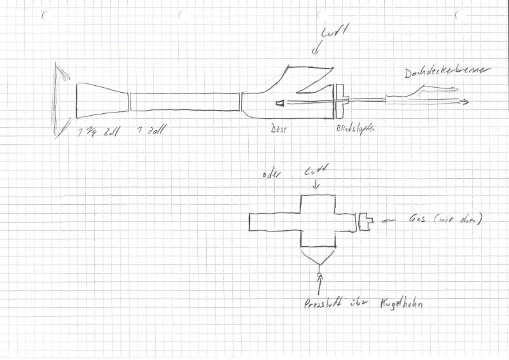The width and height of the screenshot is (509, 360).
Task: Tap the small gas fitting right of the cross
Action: [365, 221]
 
